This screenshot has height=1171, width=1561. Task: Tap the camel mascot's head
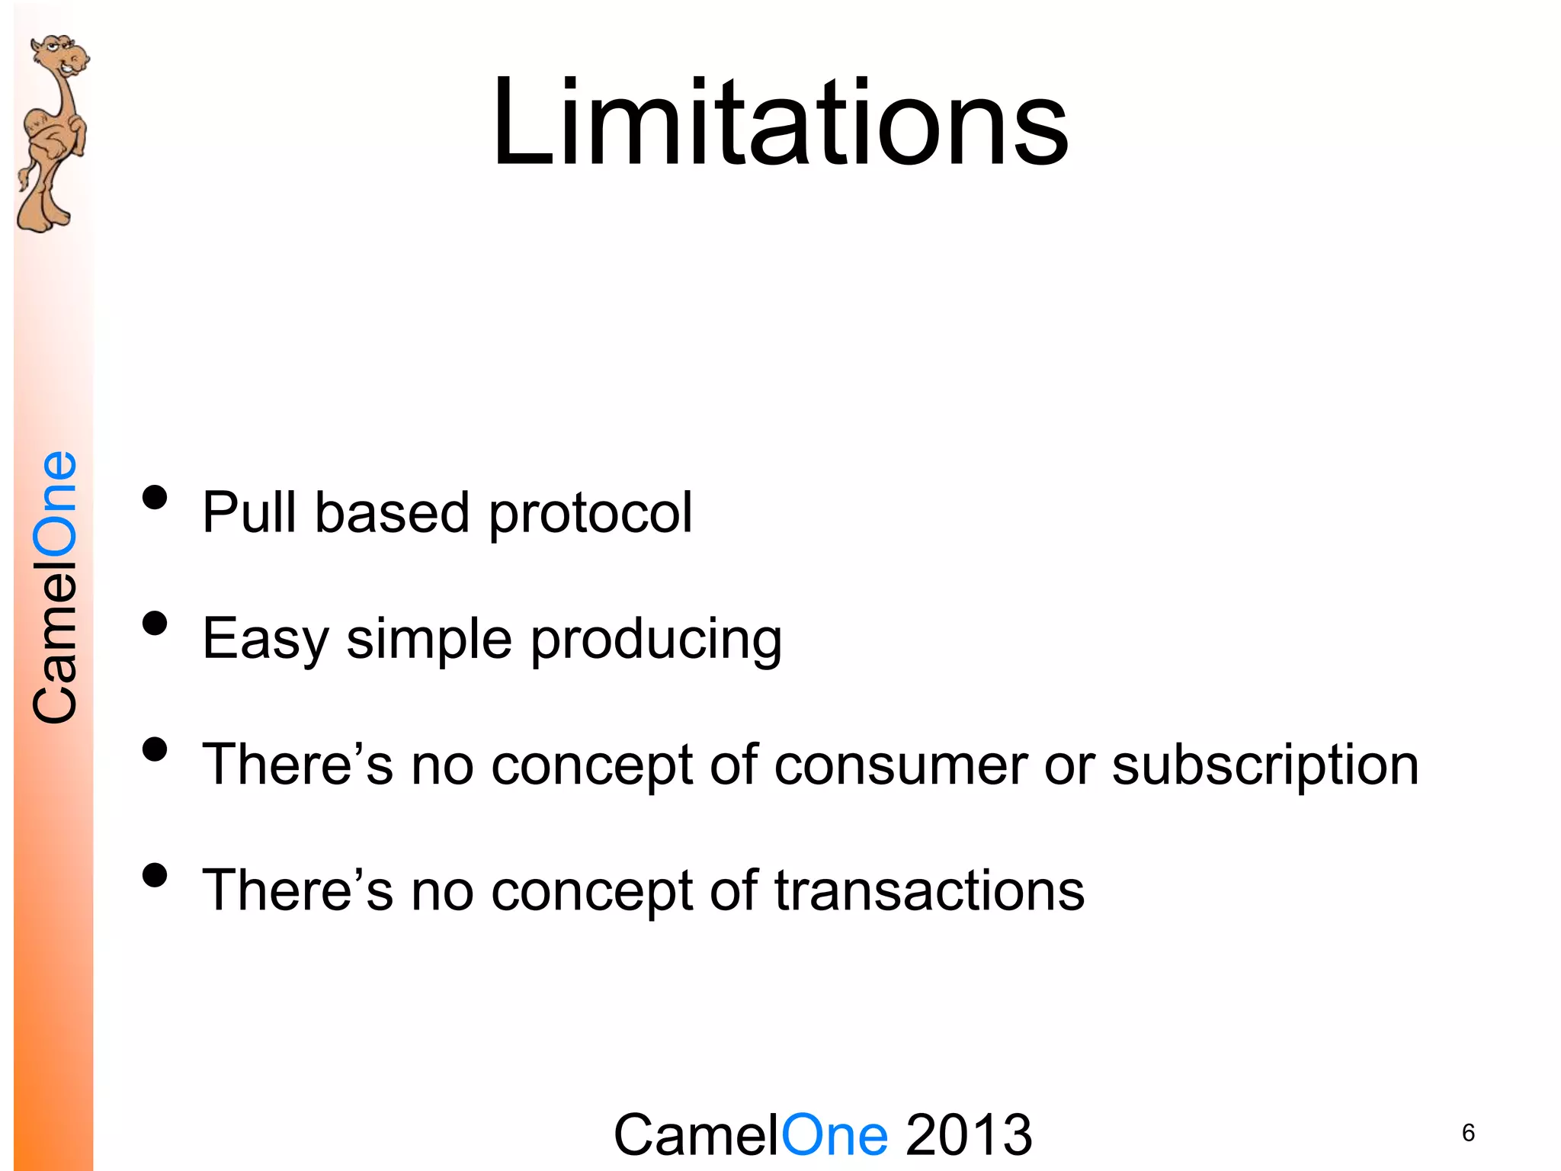click(x=61, y=57)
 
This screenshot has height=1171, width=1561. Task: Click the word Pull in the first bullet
click(x=248, y=512)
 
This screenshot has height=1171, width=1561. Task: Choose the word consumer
click(x=900, y=765)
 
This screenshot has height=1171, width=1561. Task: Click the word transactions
click(x=929, y=890)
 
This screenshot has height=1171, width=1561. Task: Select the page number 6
click(x=1468, y=1133)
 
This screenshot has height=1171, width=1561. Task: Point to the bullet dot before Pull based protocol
click(x=155, y=498)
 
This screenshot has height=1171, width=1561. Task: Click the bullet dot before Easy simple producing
click(x=155, y=624)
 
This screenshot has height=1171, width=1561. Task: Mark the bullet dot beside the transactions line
click(x=155, y=875)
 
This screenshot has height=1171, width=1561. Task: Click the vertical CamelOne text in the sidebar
click(x=55, y=587)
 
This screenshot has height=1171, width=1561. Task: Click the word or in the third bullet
click(x=1069, y=765)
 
